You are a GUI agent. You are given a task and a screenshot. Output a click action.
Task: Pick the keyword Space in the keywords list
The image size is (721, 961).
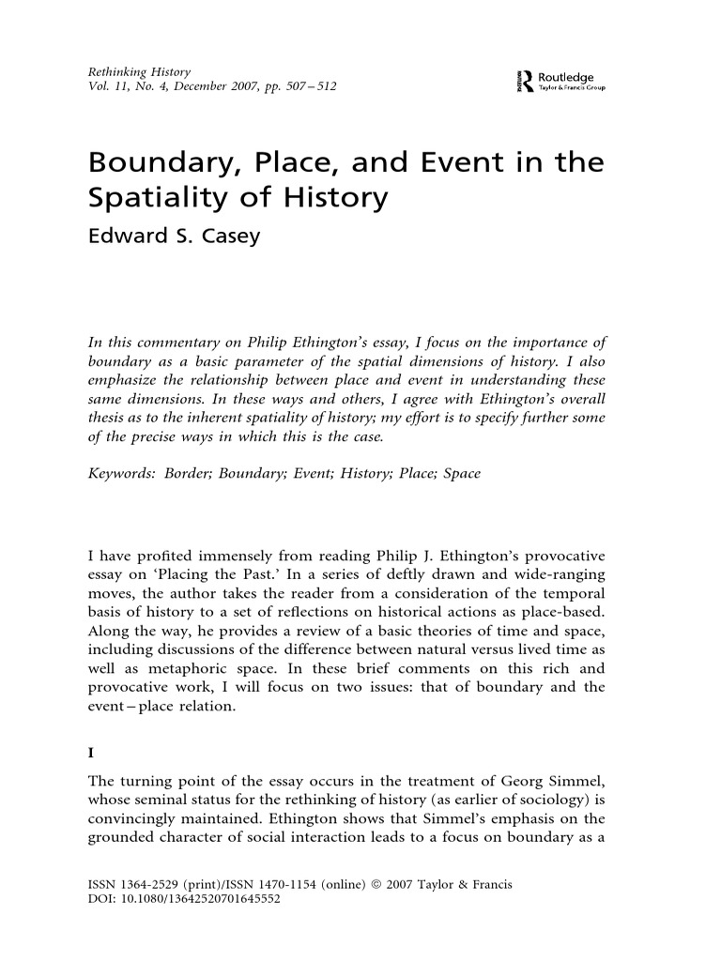pos(461,474)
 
